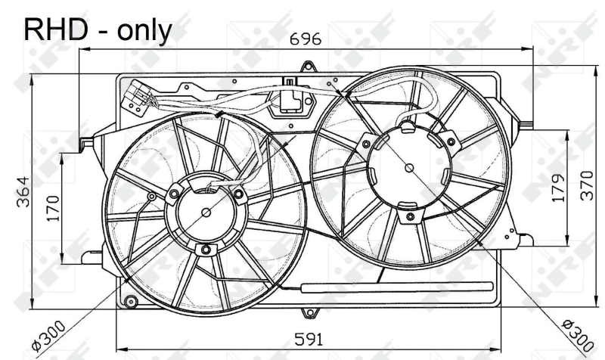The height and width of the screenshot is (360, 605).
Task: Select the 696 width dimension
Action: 307,38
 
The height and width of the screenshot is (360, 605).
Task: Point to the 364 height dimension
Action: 22,194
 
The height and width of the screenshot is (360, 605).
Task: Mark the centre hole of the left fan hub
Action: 206,214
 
